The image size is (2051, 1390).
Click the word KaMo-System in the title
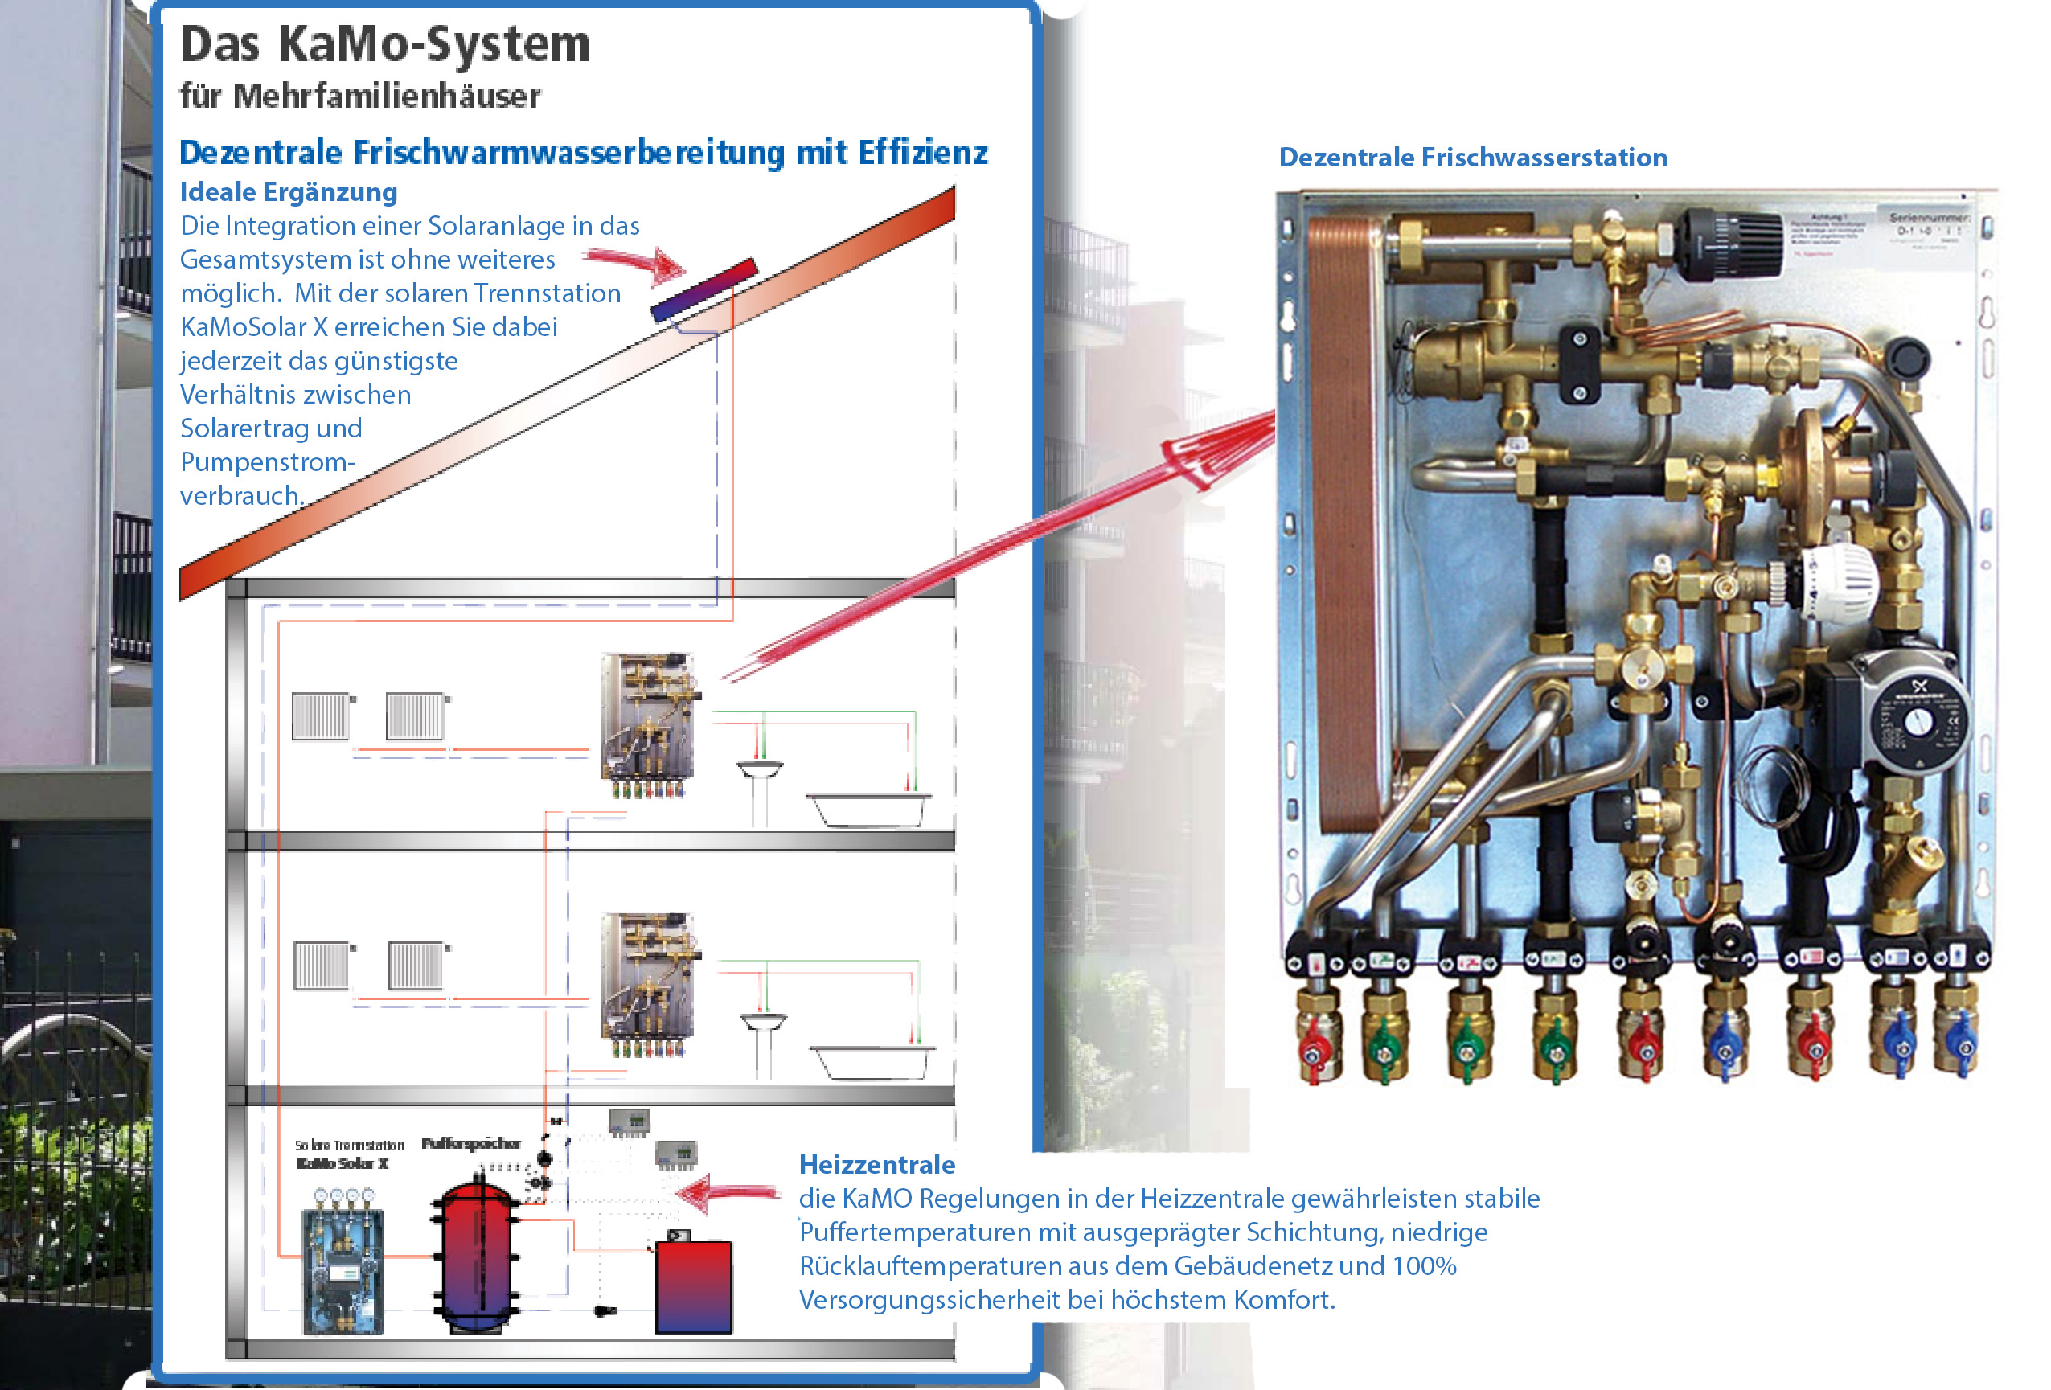point(434,44)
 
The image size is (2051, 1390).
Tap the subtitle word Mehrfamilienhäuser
point(387,96)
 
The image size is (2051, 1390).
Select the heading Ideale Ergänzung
point(289,191)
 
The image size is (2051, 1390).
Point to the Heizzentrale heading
point(876,1164)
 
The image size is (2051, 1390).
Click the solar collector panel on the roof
point(703,289)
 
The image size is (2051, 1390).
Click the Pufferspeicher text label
point(470,1143)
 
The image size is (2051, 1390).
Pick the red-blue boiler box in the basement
point(693,1285)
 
